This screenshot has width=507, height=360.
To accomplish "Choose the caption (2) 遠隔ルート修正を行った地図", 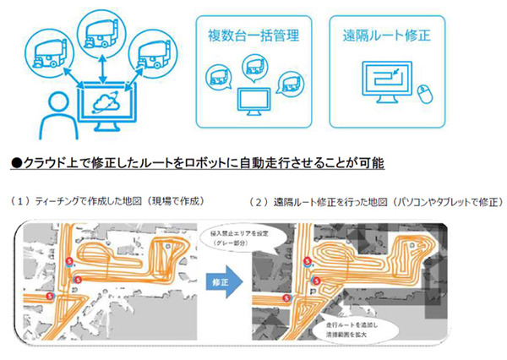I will point(376,202).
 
